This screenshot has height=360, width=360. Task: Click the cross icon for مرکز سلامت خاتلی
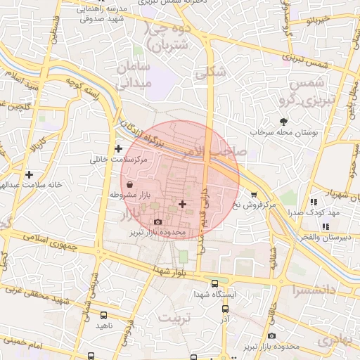(x=118, y=148)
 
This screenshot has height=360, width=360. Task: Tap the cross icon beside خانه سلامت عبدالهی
(x=29, y=174)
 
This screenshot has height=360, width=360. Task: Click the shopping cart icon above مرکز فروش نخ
(x=254, y=194)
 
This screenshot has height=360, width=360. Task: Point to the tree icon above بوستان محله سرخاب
(x=284, y=122)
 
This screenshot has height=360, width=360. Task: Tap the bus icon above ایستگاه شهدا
(x=214, y=283)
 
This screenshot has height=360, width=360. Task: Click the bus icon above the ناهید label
(x=105, y=316)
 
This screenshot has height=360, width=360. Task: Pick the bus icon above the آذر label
(x=225, y=309)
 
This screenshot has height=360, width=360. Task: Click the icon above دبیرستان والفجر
(x=325, y=226)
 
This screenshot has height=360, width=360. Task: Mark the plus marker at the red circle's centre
(x=182, y=204)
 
